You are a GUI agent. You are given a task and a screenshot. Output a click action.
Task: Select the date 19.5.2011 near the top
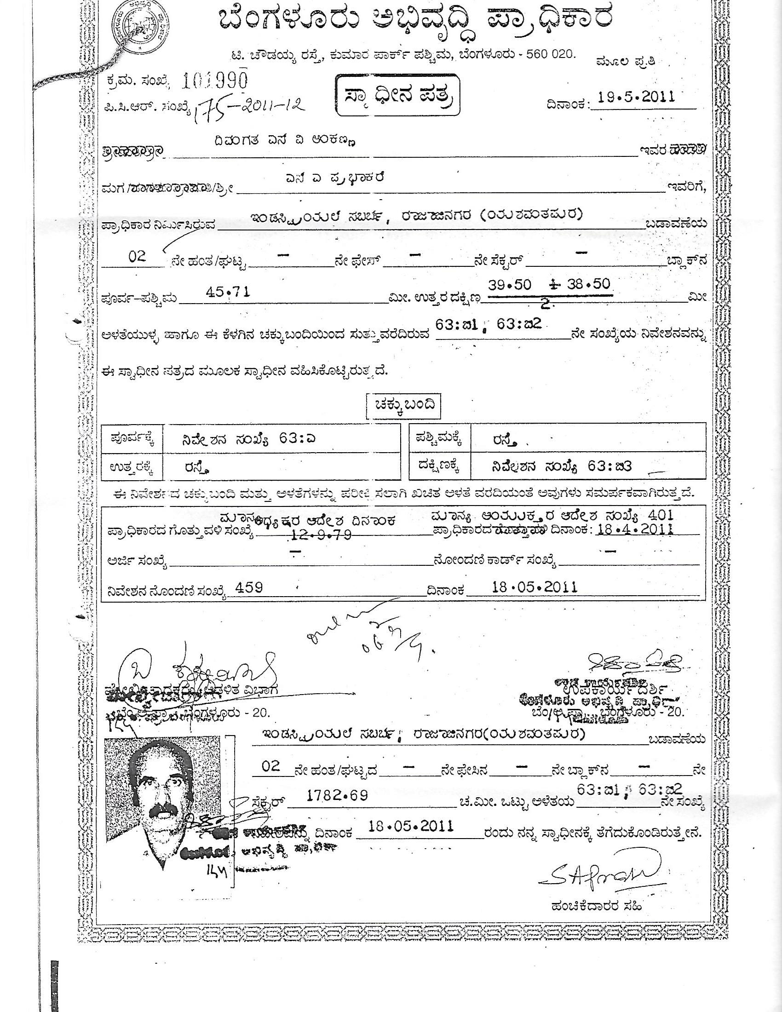click(x=636, y=97)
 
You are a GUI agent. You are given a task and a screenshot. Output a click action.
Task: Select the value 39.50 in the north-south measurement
click(x=510, y=284)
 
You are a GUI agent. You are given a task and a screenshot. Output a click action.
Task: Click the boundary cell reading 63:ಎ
click(x=249, y=439)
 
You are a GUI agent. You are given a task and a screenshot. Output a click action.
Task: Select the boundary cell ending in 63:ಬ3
click(x=562, y=467)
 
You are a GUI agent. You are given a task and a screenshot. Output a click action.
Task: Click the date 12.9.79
click(x=322, y=535)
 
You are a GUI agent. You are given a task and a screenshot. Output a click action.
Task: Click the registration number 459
click(x=249, y=588)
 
